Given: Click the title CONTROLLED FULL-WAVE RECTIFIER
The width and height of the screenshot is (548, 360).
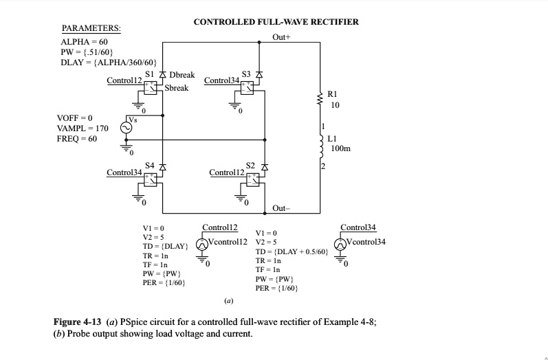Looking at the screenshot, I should (276, 22).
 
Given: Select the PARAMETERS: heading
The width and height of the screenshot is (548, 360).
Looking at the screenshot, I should (91, 28).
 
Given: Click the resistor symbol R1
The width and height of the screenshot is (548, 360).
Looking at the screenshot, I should (320, 100).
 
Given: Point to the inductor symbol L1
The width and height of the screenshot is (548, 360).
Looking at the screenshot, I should (320, 145).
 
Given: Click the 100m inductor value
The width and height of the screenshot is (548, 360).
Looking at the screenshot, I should (340, 148).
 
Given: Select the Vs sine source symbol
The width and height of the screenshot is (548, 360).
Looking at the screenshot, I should (127, 127).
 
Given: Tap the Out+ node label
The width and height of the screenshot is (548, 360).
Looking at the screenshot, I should (283, 36).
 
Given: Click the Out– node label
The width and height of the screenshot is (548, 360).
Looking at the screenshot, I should (282, 207).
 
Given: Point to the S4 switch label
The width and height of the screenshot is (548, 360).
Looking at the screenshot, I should (150, 166).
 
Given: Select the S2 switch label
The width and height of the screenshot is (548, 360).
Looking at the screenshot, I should (250, 166).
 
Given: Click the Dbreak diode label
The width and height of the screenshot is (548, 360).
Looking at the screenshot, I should (182, 74).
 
